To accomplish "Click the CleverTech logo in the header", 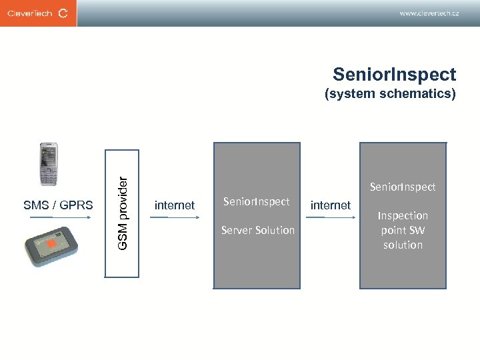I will tap(38, 13).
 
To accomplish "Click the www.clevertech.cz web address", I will tap(429, 13).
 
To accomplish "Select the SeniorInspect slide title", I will tap(394, 74).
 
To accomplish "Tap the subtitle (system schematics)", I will tap(390, 94).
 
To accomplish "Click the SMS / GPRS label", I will tap(58, 205).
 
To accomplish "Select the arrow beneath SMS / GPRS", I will tap(59, 217).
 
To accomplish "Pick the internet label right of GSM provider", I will tap(174, 205).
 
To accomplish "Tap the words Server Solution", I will tap(257, 230).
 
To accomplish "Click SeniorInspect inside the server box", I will tap(256, 201).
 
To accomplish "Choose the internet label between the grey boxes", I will tap(330, 205).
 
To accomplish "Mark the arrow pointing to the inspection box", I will tap(331, 217).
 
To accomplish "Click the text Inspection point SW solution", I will tap(403, 230).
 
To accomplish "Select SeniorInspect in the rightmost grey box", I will tap(403, 187).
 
